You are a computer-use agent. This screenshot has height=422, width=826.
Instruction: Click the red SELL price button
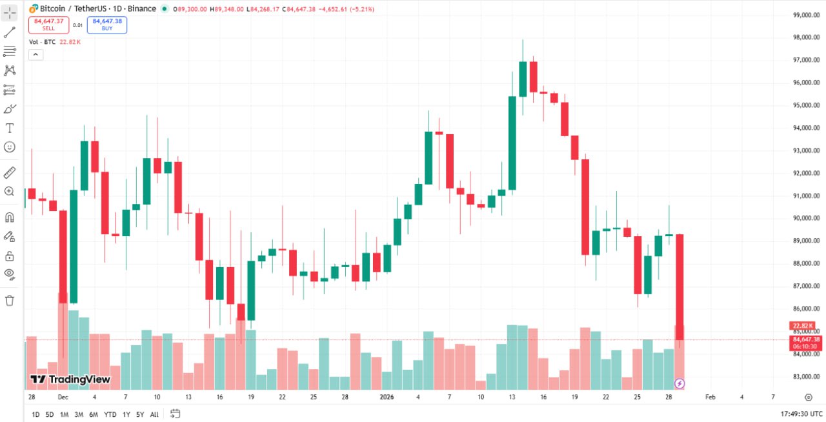(x=48, y=25)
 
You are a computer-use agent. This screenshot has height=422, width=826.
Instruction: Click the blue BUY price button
(x=107, y=25)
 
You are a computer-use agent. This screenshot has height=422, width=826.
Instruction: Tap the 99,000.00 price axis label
(x=806, y=15)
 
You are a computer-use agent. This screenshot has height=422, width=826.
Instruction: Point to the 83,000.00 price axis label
(x=806, y=377)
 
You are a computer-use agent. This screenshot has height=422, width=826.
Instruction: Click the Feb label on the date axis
(x=710, y=397)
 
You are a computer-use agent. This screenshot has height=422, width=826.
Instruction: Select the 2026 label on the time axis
(x=387, y=397)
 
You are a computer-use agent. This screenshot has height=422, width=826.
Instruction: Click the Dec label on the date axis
(x=63, y=397)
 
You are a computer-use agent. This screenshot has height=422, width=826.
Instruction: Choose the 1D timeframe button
(x=35, y=414)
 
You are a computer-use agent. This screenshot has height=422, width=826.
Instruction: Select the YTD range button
(x=110, y=414)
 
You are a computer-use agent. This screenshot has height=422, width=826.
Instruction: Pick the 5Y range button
(x=140, y=414)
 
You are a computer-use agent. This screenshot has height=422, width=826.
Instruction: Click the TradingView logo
(x=70, y=379)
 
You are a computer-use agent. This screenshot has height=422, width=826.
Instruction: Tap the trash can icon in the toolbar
(x=10, y=300)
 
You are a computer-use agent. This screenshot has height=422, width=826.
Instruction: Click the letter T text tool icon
(x=10, y=128)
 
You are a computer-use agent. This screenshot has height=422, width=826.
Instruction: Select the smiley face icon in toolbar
(x=10, y=147)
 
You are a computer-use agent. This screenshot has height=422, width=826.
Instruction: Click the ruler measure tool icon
(x=10, y=172)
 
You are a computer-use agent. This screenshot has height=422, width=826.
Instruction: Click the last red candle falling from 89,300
(x=680, y=284)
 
